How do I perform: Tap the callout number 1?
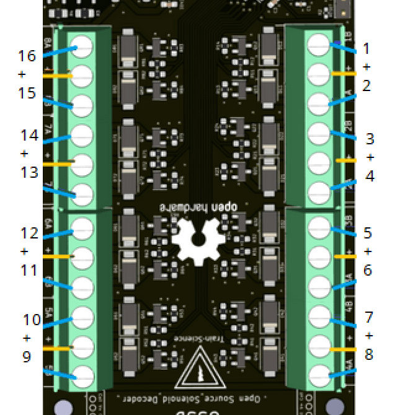367,48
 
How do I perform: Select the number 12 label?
30,233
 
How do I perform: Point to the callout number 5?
367,234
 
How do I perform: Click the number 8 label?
369,355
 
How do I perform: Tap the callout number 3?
370,139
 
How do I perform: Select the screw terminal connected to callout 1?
318,43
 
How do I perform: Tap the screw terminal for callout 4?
318,191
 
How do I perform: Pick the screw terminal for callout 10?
84,317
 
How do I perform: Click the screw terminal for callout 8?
318,373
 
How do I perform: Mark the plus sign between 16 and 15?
23,74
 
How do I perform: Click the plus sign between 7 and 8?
369,336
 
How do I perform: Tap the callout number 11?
30,271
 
